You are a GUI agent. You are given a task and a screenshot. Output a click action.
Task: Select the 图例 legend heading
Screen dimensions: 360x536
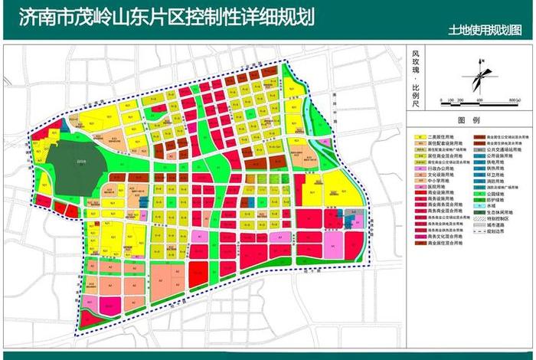tap(468, 121)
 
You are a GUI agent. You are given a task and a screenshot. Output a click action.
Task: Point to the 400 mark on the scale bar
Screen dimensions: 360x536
tap(479, 100)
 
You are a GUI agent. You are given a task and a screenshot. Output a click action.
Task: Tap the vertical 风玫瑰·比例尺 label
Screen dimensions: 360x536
tap(416, 77)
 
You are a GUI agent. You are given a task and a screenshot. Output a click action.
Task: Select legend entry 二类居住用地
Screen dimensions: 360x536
tap(443, 138)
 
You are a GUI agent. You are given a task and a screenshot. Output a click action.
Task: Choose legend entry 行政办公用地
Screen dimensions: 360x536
tap(443, 168)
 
